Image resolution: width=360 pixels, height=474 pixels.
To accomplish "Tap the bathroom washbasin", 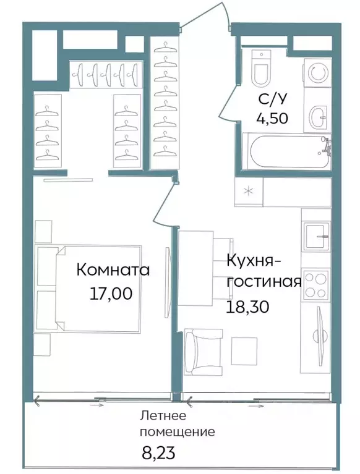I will click(318, 115).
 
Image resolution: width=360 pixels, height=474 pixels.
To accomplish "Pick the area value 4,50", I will click(273, 118).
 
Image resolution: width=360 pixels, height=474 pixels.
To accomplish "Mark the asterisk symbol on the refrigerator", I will click(249, 192).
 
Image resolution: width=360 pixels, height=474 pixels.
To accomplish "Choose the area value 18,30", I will click(250, 305).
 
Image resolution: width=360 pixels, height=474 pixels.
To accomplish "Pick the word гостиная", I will click(264, 282).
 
